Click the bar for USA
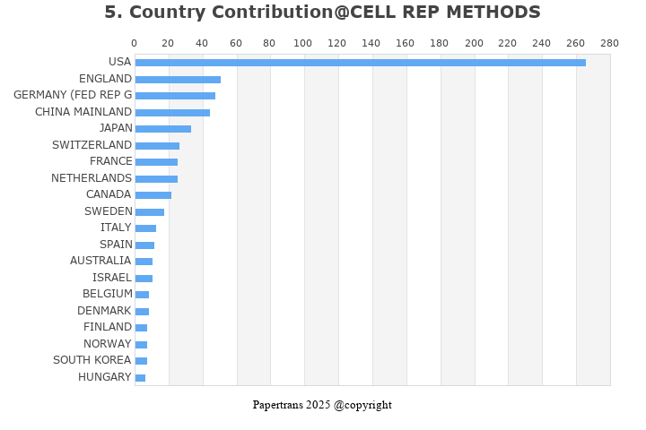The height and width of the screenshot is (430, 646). tap(360, 63)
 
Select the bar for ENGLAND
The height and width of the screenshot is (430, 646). tap(178, 80)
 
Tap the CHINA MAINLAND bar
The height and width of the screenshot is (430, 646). tap(172, 113)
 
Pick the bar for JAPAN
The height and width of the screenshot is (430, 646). tap(162, 129)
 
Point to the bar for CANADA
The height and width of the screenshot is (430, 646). tap(153, 195)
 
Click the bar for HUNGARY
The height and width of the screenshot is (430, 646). tap(140, 378)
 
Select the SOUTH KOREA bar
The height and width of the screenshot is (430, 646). tap(141, 361)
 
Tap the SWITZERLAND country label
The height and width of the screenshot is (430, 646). tap(92, 145)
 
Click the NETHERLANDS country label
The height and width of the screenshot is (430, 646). tap(92, 178)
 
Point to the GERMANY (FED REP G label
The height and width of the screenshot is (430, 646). tap(73, 95)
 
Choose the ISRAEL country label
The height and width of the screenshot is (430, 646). tap(112, 278)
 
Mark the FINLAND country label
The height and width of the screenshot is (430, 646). tap(108, 327)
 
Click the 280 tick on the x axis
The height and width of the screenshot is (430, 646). tap(610, 43)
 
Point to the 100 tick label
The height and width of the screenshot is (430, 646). tap(303, 43)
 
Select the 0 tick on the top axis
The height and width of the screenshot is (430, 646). tap(135, 43)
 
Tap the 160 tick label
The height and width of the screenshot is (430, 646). tap(406, 43)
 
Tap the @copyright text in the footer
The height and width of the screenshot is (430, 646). tap(362, 405)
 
